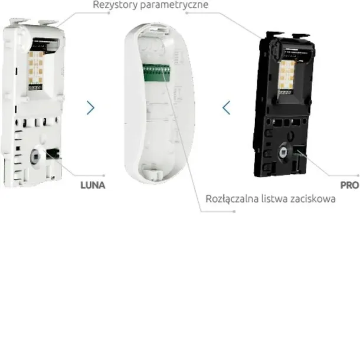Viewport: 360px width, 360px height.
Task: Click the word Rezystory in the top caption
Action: pos(115,5)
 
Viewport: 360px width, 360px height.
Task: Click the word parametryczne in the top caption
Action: pos(174,5)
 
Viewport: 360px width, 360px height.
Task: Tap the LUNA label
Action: pos(93,185)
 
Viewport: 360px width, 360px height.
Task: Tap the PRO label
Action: pos(349,185)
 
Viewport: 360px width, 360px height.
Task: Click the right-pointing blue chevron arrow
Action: pos(91,107)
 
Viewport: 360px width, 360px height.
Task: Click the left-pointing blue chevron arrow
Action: pos(226,107)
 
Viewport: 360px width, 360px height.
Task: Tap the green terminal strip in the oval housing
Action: pos(156,73)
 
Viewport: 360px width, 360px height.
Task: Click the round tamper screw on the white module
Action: pos(35,156)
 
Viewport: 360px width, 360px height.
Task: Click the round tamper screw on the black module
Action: pos(284,151)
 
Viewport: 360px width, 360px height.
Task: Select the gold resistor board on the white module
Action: pos(36,68)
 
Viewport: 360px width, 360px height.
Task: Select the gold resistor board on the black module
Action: pos(287,76)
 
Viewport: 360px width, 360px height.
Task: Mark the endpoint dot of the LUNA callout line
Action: pos(104,176)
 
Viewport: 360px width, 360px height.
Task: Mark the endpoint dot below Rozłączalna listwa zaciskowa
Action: pos(234,211)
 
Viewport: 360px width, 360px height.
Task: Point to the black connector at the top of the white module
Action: pos(45,44)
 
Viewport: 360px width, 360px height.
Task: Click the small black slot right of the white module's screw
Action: pos(53,153)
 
